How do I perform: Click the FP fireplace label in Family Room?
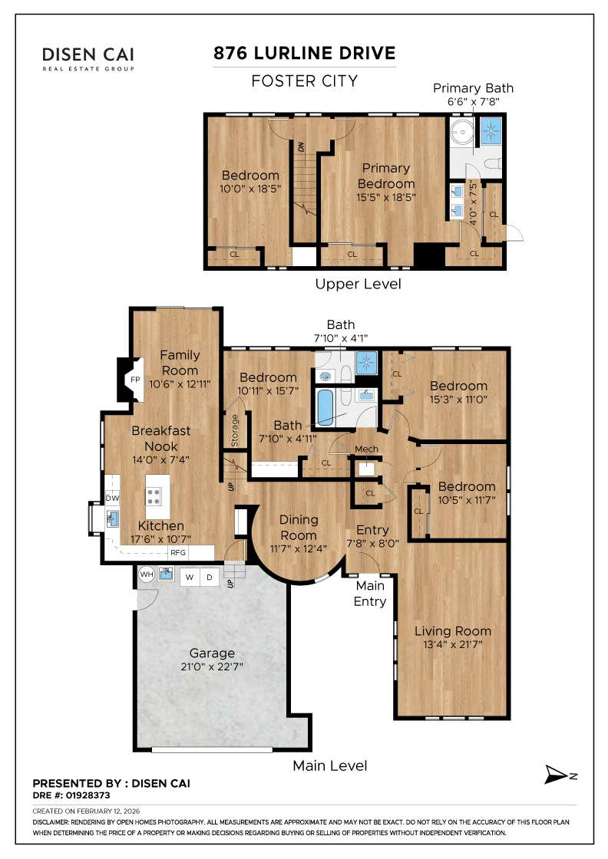[134, 380]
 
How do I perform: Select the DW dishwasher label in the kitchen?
[112, 499]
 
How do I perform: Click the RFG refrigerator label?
[178, 552]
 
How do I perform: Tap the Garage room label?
[212, 653]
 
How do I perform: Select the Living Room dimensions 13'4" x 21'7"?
[452, 646]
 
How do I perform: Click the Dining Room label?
[298, 528]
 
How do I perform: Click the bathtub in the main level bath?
[325, 408]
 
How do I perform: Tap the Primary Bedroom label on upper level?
[387, 176]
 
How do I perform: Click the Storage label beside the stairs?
[235, 430]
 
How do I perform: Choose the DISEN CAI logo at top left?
[88, 58]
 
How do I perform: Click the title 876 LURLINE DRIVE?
[305, 53]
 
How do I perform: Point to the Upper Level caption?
[358, 284]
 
